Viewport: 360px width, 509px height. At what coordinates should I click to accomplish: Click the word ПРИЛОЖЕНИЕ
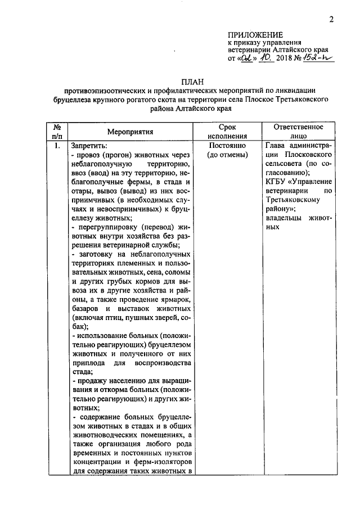(255, 34)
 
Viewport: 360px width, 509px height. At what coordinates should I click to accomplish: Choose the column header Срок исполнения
(227, 132)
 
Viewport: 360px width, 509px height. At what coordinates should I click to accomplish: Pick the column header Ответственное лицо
(297, 132)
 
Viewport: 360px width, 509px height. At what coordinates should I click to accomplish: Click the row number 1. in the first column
(57, 146)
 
